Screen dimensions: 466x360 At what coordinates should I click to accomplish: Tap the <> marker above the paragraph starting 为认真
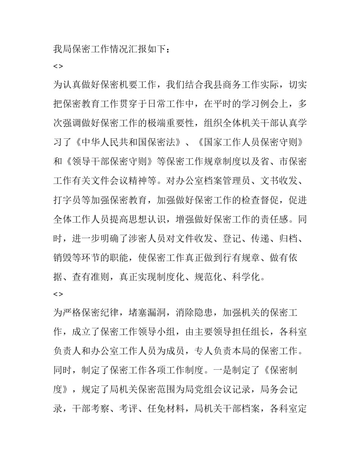pos(58,66)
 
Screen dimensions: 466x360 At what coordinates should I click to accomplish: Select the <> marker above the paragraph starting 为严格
pos(58,294)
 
